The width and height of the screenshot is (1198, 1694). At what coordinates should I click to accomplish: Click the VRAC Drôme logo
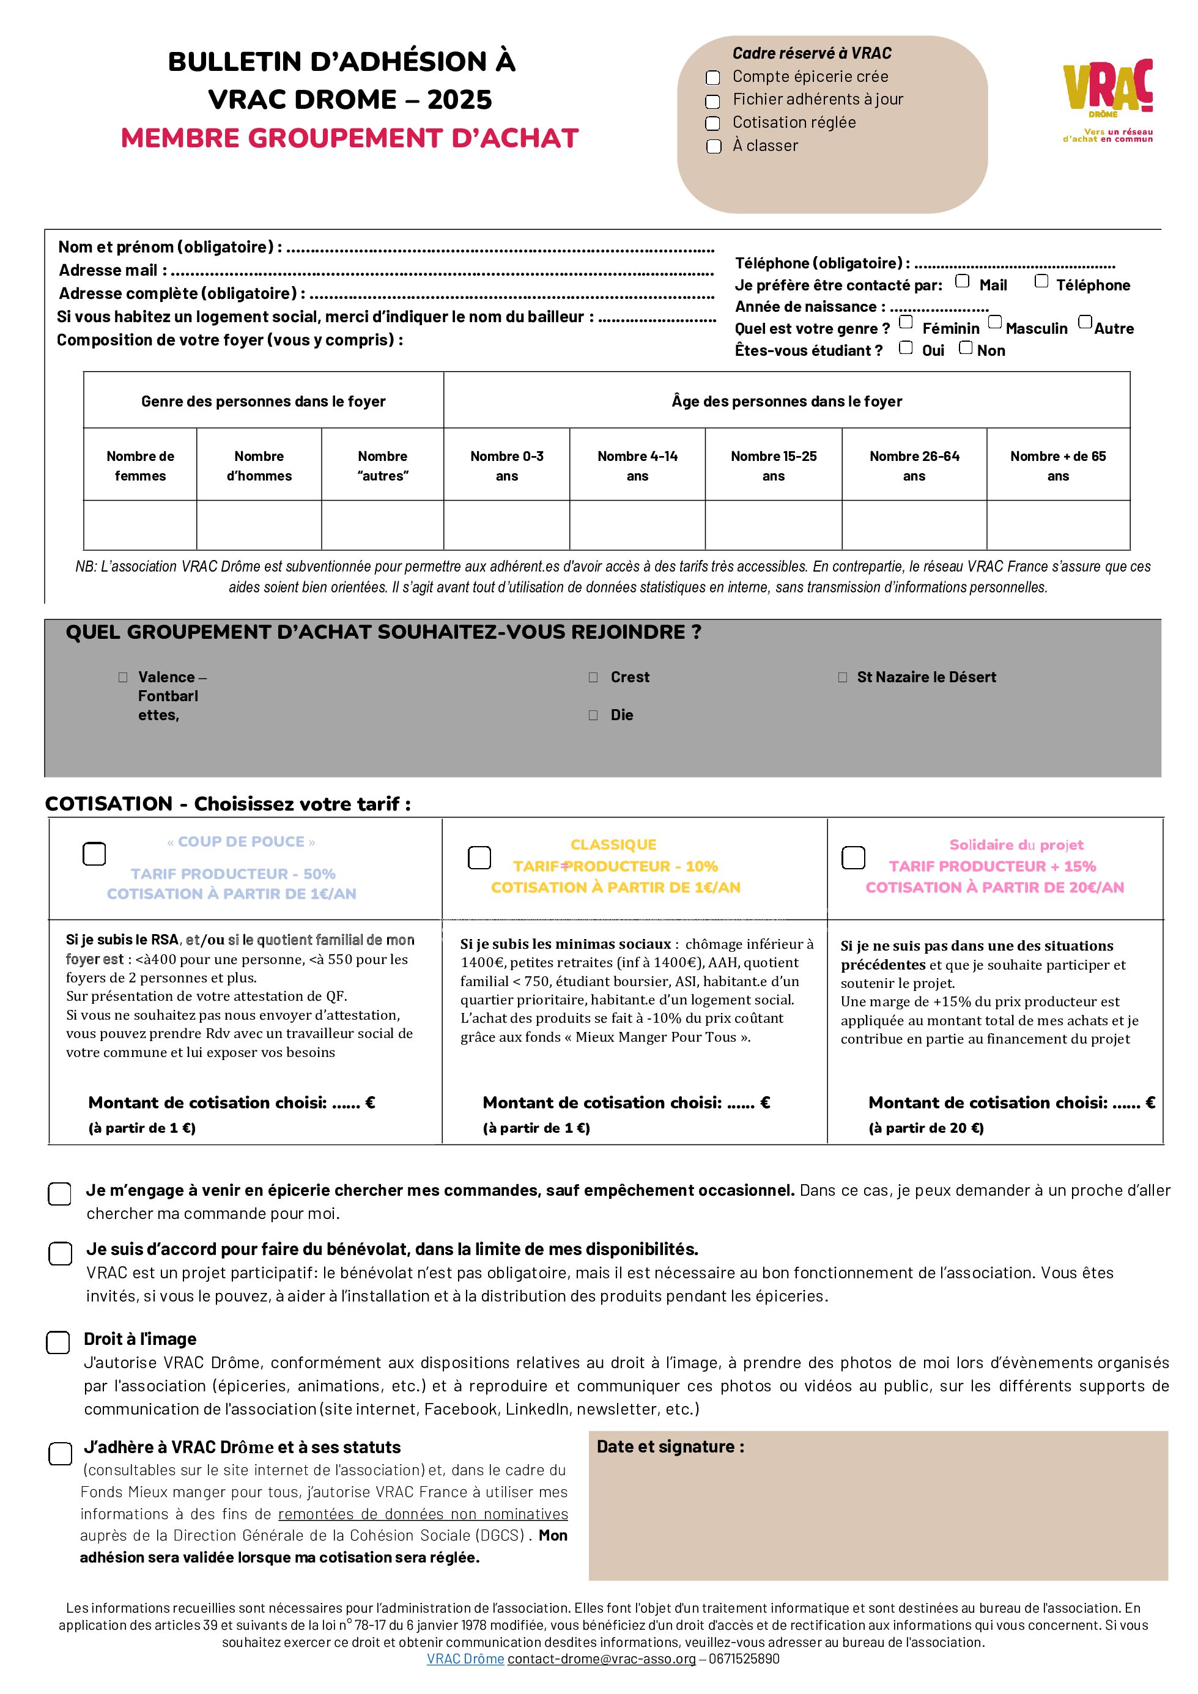tap(1107, 100)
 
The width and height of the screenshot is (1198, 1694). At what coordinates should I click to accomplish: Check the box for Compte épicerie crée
tap(713, 78)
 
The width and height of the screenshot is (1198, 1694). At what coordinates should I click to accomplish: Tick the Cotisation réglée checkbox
tap(713, 123)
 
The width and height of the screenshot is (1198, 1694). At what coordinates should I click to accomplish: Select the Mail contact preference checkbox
tap(963, 281)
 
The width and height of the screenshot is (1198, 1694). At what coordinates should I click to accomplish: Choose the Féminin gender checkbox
tap(906, 322)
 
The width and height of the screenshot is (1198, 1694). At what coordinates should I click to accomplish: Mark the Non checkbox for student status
tap(966, 347)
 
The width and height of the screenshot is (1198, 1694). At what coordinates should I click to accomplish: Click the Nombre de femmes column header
tap(140, 466)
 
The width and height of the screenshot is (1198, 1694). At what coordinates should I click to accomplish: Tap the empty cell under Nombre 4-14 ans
tap(637, 525)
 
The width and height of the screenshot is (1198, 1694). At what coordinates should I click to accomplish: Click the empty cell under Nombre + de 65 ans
tap(1058, 525)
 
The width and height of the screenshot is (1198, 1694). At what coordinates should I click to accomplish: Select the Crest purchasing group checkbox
tap(593, 677)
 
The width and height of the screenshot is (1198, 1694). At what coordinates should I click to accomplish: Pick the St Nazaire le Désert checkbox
tap(843, 677)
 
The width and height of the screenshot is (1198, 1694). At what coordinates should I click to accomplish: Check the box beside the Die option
tap(593, 715)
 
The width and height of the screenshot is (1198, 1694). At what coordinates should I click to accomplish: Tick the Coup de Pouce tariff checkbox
tap(94, 853)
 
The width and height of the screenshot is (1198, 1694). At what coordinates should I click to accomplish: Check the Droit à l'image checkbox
tap(58, 1343)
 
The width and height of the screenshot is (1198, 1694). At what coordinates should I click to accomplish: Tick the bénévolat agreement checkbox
tap(60, 1253)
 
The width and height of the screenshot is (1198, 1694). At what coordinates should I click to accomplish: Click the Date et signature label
tap(670, 1447)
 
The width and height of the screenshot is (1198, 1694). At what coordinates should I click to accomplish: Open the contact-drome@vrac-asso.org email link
tap(602, 1659)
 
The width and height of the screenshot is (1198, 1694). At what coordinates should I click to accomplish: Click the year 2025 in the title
tap(459, 100)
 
